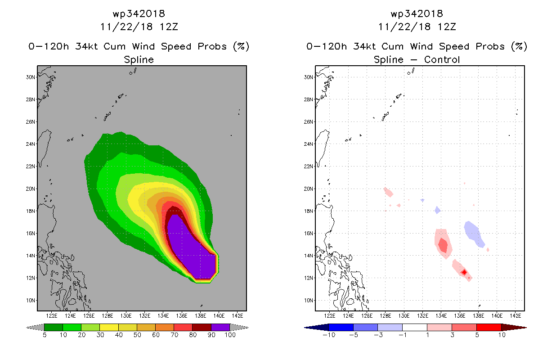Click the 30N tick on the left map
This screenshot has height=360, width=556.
31,77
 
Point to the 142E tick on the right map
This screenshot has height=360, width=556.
516,315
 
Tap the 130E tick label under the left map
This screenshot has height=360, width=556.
126,315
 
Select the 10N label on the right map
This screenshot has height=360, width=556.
309,301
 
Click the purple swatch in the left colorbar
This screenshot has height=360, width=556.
220,327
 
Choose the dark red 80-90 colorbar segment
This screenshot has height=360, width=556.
202,327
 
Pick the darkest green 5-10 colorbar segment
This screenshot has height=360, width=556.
54,327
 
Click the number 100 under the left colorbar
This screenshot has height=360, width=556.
230,335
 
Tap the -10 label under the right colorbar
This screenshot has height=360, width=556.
329,335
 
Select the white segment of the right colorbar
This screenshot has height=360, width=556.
415,327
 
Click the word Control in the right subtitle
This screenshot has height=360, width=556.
442,59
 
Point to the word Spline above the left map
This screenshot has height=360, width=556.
139,60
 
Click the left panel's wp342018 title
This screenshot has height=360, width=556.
139,13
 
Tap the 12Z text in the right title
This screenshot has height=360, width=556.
447,27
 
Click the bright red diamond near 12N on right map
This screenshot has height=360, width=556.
464,272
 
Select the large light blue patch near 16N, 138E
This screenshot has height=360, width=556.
474,234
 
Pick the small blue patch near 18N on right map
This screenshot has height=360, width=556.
437,210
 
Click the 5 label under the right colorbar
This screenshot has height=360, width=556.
477,335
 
